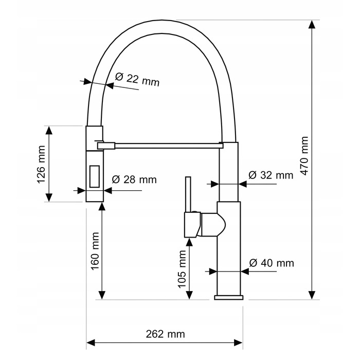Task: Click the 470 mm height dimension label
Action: [304, 155]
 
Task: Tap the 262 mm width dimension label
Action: [165, 334]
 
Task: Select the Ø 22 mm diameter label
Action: [137, 79]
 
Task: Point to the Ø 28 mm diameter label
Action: [134, 179]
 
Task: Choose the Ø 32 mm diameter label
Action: [271, 175]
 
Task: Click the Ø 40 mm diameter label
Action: [272, 263]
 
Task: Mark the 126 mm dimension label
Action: [41, 164]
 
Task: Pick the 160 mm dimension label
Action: [95, 251]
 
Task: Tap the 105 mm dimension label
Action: [182, 269]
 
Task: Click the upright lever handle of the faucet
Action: [188, 194]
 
